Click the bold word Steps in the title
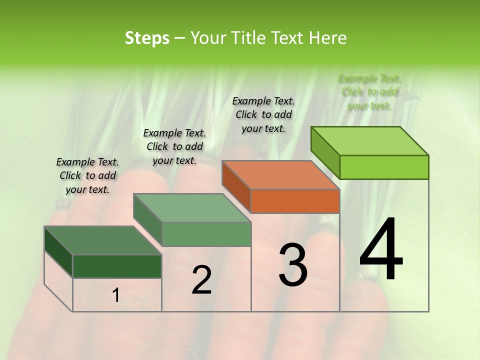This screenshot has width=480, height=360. [x=147, y=38]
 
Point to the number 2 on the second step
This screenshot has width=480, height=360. [x=201, y=280]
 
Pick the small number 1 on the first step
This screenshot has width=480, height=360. [x=116, y=295]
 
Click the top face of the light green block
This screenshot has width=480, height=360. [x=369, y=141]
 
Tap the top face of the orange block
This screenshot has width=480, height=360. [x=280, y=175]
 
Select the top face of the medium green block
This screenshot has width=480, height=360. [x=192, y=208]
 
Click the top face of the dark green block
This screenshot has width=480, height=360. [x=103, y=240]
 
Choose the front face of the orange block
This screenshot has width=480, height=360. [x=295, y=201]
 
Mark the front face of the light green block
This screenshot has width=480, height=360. [x=384, y=167]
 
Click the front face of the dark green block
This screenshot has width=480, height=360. [x=117, y=266]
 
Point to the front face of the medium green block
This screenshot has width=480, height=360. [x=206, y=234]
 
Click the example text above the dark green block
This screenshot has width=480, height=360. [x=87, y=175]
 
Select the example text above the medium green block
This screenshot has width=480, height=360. [x=174, y=146]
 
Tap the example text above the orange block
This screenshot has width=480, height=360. [x=263, y=114]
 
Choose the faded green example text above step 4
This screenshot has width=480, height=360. [x=369, y=92]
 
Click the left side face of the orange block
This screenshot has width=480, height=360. [x=236, y=186]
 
